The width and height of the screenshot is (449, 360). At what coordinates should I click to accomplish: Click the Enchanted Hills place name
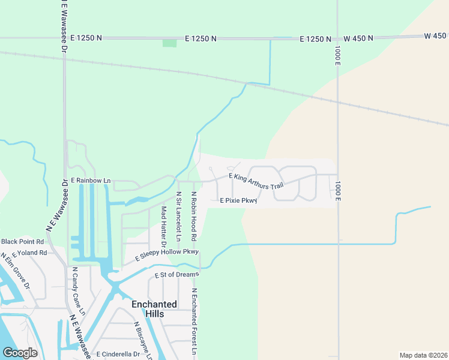[x=154, y=309]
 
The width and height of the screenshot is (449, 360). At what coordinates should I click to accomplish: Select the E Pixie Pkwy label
[x=238, y=200]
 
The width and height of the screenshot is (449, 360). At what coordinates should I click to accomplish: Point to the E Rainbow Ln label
[x=91, y=181]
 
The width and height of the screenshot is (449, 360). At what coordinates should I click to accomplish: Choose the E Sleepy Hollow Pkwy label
[x=167, y=255]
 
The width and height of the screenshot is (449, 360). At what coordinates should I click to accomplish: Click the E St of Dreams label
[x=176, y=275]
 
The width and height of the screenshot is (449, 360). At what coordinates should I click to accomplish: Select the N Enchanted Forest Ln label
[x=194, y=322]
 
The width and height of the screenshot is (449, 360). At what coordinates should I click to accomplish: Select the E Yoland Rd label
[x=25, y=253]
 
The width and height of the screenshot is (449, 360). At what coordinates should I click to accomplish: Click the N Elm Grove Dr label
[x=15, y=270]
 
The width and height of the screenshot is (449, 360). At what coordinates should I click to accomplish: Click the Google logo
[x=20, y=353]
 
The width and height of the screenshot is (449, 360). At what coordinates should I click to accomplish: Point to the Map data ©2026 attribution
[x=423, y=355]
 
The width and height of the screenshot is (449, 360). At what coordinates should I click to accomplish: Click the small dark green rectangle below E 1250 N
[x=170, y=43]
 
